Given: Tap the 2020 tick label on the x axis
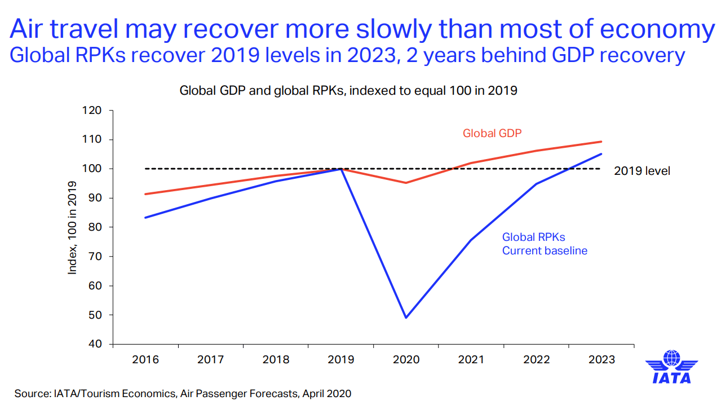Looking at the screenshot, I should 406,360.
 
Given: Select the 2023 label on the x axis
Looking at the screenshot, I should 601,360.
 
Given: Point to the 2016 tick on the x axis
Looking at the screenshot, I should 145,360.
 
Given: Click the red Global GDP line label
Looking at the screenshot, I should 492,134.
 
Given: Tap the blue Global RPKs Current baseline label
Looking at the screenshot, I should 545,244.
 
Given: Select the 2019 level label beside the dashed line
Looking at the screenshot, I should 642,170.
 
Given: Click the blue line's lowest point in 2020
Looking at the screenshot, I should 406,318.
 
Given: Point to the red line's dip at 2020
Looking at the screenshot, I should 406,183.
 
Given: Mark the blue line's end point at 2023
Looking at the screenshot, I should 601,154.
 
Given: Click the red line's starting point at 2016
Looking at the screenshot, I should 145,194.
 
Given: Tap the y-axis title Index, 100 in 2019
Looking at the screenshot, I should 73,228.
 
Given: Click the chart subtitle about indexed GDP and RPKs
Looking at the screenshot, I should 348,90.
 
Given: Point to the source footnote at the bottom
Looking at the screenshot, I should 183,393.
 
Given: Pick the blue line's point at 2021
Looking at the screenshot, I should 471,240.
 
